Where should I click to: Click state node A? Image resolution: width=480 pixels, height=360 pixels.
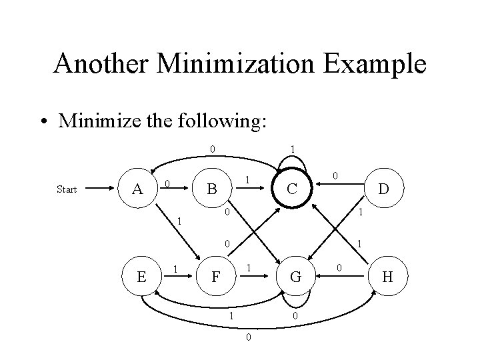click(138, 189)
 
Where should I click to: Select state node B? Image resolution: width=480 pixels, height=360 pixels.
click(211, 189)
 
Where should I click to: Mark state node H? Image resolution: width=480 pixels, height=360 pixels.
click(387, 275)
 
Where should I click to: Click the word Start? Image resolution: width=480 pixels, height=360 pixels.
click(67, 189)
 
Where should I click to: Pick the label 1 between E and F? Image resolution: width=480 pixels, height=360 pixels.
click(175, 269)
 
